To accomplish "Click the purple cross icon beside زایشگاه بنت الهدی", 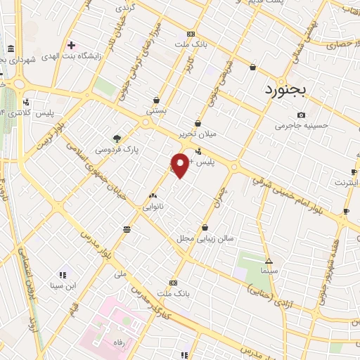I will click(x=70, y=45).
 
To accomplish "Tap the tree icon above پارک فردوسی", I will click(x=117, y=138).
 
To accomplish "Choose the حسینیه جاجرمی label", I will click(x=301, y=126).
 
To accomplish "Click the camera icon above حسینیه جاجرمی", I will click(x=301, y=115).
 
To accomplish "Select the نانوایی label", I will click(x=153, y=207).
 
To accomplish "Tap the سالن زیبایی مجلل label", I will click(x=204, y=238).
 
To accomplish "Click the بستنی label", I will click(x=155, y=111).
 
